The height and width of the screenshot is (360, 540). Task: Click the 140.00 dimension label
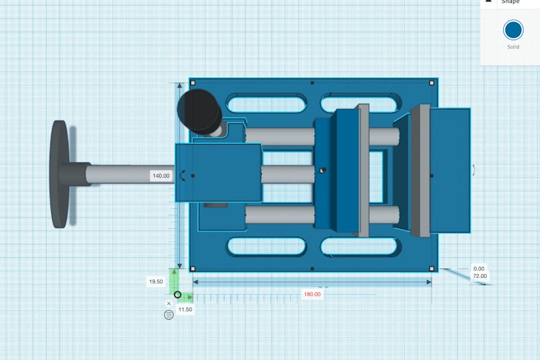pyautogui.click(x=161, y=176)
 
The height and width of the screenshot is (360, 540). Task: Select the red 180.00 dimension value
pyautogui.click(x=312, y=294)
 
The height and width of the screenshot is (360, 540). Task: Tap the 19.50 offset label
pyautogui.click(x=156, y=282)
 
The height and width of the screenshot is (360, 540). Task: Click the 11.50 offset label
pyautogui.click(x=185, y=310)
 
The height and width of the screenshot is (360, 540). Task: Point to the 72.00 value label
pyautogui.click(x=480, y=276)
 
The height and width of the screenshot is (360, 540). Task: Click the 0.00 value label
pyautogui.click(x=479, y=269)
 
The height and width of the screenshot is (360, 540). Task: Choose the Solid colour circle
pyautogui.click(x=513, y=30)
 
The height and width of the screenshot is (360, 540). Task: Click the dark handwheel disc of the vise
pyautogui.click(x=60, y=174)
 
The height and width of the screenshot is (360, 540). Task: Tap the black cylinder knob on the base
pyautogui.click(x=199, y=112)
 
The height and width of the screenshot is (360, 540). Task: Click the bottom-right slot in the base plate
pyautogui.click(x=359, y=247)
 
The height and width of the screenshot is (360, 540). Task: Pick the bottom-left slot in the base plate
pyautogui.click(x=266, y=247)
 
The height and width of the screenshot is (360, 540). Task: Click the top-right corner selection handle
pyautogui.click(x=432, y=83)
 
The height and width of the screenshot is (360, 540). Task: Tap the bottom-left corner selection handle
pyautogui.click(x=193, y=269)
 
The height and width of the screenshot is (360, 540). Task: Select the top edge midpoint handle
pyautogui.click(x=312, y=83)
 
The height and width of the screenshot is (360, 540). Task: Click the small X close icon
pyautogui.click(x=168, y=304)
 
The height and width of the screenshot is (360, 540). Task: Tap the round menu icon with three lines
pyautogui.click(x=168, y=315)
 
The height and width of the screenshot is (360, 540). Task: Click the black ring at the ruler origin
pyautogui.click(x=177, y=294)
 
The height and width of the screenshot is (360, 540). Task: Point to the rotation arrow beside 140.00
pyautogui.click(x=183, y=176)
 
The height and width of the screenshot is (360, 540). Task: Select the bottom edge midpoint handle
pyautogui.click(x=312, y=269)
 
